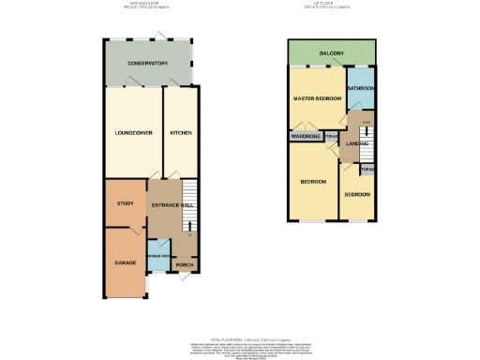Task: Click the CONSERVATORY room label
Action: point(148,63)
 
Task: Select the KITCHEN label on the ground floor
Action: point(180,133)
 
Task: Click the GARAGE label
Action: point(126,262)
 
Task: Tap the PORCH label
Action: point(185,278)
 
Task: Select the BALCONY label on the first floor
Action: point(332,54)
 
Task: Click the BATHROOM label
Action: point(361,88)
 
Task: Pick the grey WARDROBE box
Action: point(306,137)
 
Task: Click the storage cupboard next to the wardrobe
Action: point(331,137)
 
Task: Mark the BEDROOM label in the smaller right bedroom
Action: point(356,194)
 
